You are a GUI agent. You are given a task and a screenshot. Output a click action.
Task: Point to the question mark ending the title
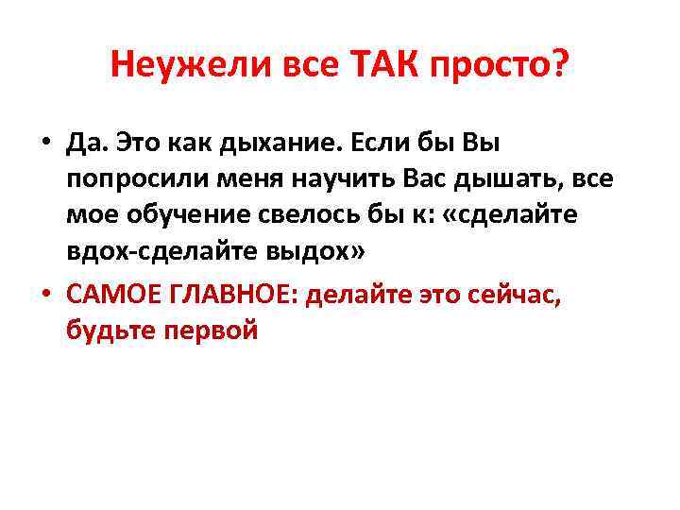pos(561,66)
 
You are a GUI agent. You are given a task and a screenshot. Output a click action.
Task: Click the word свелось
pos(297,215)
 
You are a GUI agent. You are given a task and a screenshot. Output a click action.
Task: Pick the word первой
pos(208,331)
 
